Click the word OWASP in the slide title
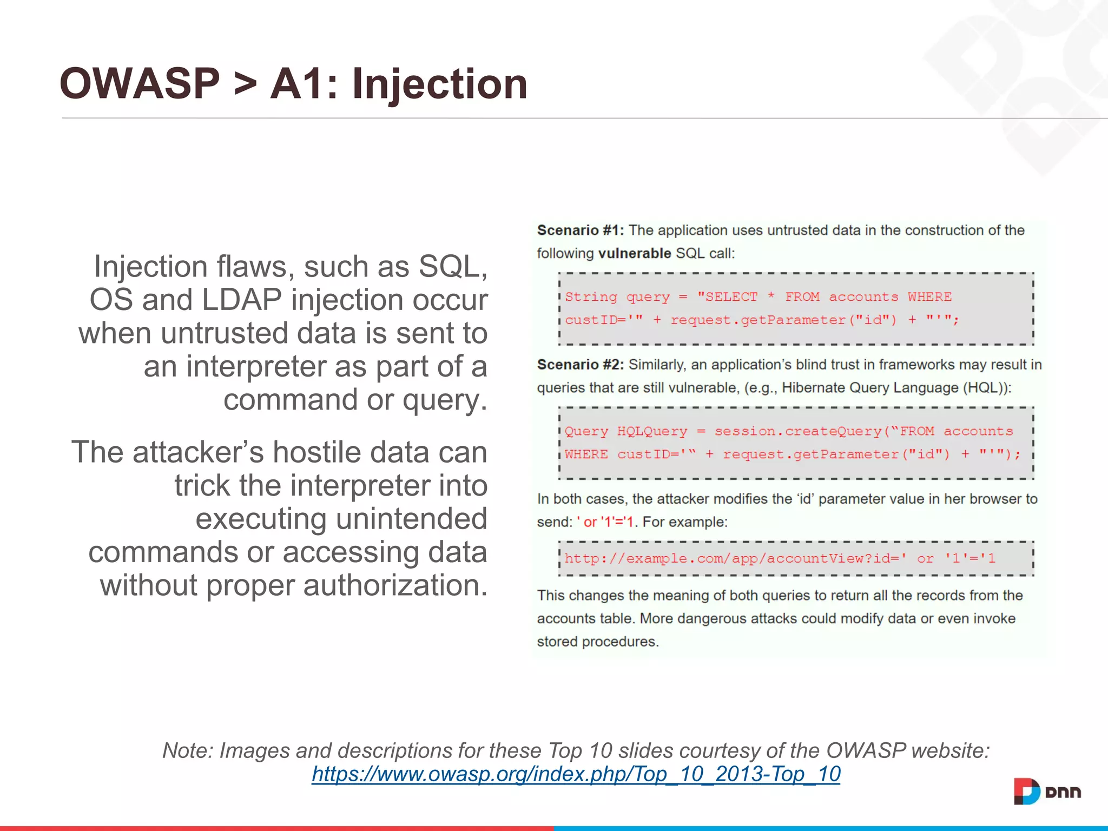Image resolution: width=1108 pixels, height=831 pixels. pos(140,84)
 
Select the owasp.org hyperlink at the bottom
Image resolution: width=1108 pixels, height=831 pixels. pos(576,774)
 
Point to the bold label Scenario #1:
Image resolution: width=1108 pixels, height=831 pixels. pos(580,230)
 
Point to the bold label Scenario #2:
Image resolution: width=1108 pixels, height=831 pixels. pos(580,365)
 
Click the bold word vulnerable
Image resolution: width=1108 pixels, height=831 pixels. pos(635,253)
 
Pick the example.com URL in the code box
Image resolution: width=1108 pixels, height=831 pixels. pos(780,558)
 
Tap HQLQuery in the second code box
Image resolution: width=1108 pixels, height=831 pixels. pos(652,431)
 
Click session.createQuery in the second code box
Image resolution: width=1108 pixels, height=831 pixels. pos(798,431)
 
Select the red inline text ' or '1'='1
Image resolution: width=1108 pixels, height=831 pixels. pos(605,522)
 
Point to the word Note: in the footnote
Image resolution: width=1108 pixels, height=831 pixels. pos(188,751)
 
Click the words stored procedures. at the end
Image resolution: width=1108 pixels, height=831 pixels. pos(597,642)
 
